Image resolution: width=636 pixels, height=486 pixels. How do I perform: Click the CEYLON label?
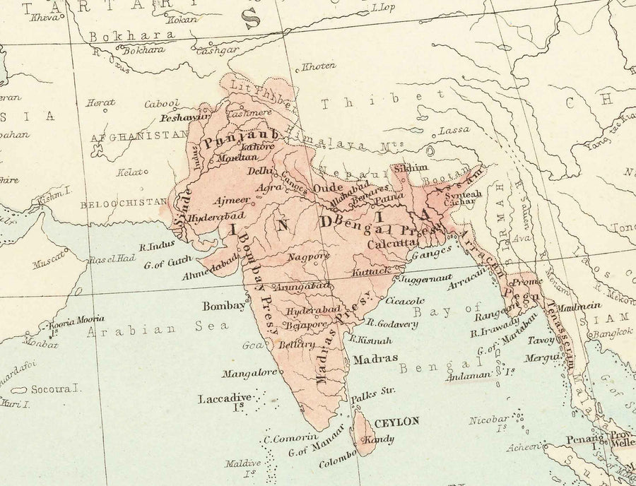coord(396,422)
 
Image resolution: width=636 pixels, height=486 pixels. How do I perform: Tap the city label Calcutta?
coord(390,244)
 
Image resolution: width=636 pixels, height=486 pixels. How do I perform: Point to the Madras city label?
coord(375,358)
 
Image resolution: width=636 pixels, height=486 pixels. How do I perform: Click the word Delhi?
coord(260,171)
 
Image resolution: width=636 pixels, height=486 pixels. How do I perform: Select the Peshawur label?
coord(186,117)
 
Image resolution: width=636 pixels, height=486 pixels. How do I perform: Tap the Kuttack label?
coord(372,271)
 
